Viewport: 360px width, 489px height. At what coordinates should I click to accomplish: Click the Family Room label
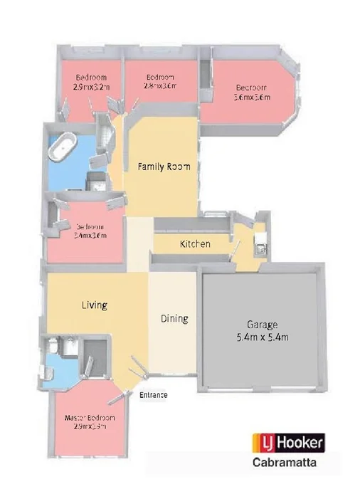tap(164, 167)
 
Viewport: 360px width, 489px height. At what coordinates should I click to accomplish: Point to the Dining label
tap(174, 318)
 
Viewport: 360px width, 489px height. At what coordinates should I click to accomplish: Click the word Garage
tap(263, 323)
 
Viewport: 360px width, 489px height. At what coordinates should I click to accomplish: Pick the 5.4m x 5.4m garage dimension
tap(263, 337)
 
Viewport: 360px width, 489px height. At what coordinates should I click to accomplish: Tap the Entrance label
tap(153, 394)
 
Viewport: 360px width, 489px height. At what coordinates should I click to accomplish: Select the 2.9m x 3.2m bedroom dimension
tap(92, 86)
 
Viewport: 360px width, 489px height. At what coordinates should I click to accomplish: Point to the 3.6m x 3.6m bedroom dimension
tap(252, 98)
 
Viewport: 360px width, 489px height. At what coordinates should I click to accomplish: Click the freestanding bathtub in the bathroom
tap(65, 152)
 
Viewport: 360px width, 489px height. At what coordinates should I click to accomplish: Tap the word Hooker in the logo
tap(301, 443)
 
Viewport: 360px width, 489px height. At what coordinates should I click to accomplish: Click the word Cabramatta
tap(288, 462)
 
